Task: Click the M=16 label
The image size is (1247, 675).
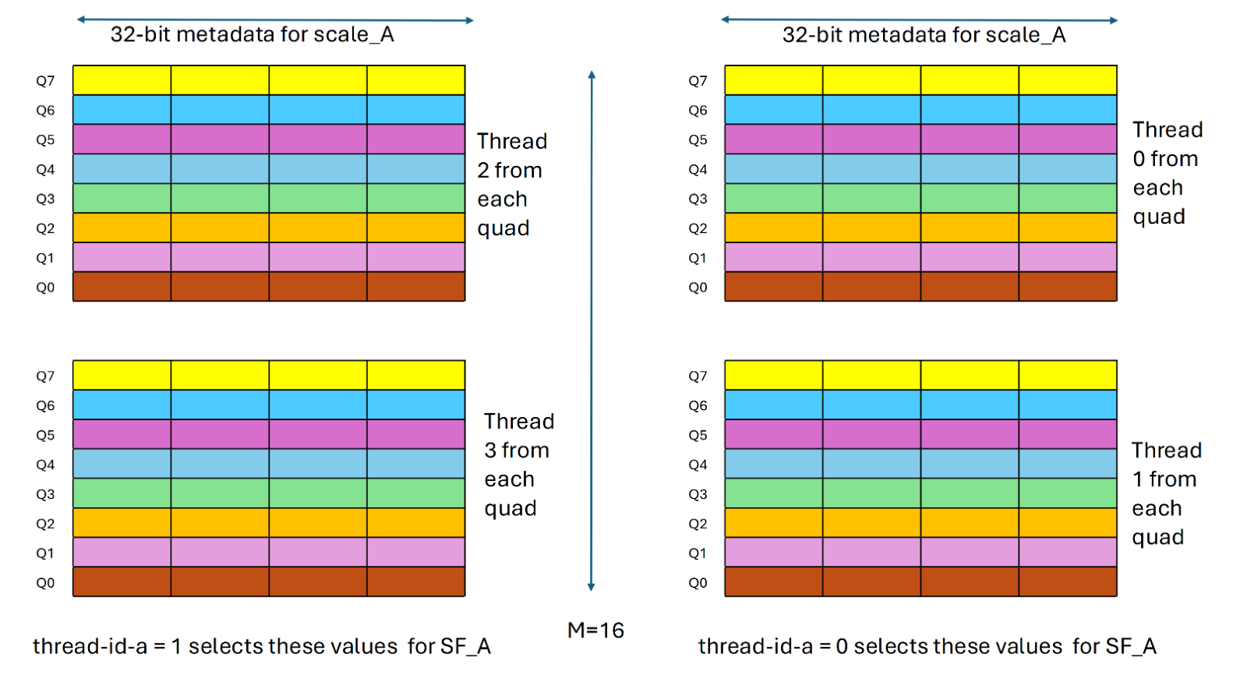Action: pos(595,630)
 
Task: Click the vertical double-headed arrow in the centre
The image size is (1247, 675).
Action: pos(592,330)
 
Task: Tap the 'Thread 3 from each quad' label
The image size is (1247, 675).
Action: pos(518,465)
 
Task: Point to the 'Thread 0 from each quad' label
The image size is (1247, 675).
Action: pos(1166,173)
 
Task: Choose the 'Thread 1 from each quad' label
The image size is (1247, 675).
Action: pos(1165,493)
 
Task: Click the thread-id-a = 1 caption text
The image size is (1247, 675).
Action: pos(261,646)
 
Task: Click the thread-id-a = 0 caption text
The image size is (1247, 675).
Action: pos(927,646)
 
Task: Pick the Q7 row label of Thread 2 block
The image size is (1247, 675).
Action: pos(45,81)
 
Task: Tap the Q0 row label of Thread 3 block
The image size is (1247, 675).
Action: pos(45,583)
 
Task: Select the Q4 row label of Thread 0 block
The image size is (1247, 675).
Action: pos(698,170)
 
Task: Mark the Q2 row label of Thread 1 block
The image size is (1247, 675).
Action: pos(698,524)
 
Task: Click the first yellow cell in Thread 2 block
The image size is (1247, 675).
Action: pos(122,80)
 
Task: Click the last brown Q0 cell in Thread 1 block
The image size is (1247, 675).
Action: pos(1068,582)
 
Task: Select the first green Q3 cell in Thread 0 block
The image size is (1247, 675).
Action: pos(774,199)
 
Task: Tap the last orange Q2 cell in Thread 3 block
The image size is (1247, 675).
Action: pos(415,523)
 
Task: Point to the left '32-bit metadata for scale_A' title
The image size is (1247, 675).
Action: pos(252,35)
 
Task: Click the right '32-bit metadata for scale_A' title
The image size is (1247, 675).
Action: pos(924,35)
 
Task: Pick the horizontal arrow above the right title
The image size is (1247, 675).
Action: pos(919,19)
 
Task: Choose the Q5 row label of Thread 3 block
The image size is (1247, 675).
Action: pos(45,436)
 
